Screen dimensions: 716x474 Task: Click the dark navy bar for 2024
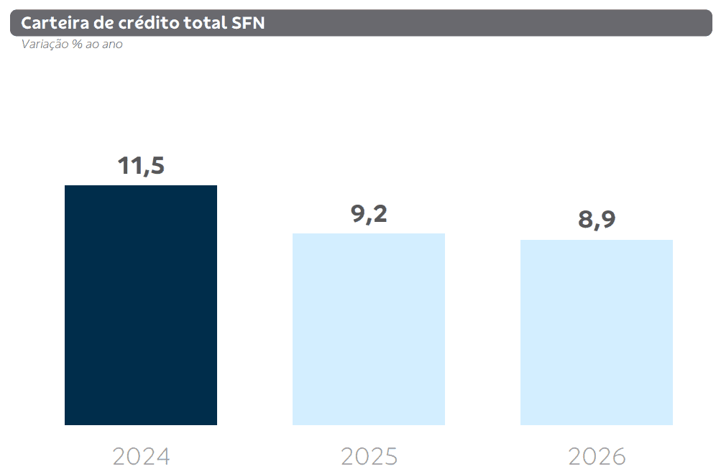(141, 305)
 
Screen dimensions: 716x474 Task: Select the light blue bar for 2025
(369, 329)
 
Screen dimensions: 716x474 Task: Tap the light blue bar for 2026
(597, 332)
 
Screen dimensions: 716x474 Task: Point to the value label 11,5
(141, 166)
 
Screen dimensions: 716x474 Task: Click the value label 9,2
(369, 214)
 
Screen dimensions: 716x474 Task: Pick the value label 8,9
(597, 220)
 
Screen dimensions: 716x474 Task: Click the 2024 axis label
(141, 456)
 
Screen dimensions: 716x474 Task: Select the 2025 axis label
(369, 456)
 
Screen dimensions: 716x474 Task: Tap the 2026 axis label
(597, 456)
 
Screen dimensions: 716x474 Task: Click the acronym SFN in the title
(248, 23)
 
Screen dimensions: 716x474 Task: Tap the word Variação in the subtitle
(45, 45)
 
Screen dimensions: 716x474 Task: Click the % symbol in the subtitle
(77, 45)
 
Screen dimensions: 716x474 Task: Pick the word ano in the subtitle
(112, 45)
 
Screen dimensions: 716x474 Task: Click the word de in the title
(104, 23)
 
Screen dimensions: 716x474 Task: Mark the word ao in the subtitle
(92, 45)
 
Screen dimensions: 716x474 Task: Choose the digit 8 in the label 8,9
(586, 220)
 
